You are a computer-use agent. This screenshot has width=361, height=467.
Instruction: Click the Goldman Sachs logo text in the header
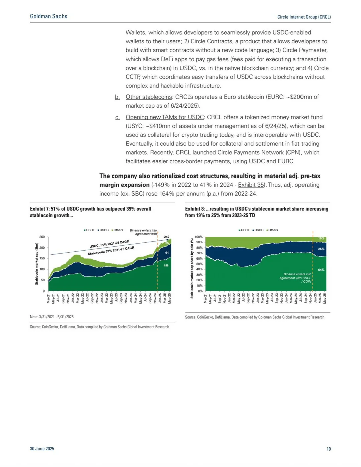pyautogui.click(x=48, y=16)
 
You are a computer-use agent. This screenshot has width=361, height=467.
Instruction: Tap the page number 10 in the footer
pyautogui.click(x=329, y=449)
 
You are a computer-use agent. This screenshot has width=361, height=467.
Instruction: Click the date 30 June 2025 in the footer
pyautogui.click(x=42, y=449)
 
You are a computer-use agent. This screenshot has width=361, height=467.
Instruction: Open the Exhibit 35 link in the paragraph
pyautogui.click(x=251, y=185)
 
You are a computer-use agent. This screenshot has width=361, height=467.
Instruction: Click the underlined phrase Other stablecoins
pyautogui.click(x=149, y=97)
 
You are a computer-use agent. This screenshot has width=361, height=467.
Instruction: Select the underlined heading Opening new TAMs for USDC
pyautogui.click(x=164, y=117)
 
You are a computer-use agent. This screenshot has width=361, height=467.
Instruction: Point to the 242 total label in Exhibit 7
pyautogui.click(x=167, y=237)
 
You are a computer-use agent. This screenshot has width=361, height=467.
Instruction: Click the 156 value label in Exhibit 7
pyautogui.click(x=166, y=266)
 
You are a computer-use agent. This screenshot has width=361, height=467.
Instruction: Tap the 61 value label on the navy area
pyautogui.click(x=167, y=253)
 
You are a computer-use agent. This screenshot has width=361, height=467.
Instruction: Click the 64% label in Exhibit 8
pyautogui.click(x=321, y=270)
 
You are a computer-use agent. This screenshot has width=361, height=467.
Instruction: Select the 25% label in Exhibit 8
pyautogui.click(x=321, y=249)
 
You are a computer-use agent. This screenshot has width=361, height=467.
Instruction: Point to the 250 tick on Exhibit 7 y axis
pyautogui.click(x=42, y=237)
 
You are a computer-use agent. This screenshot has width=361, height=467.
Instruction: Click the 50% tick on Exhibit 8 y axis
pyautogui.click(x=199, y=264)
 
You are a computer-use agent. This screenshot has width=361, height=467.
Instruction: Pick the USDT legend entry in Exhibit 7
pyautogui.click(x=89, y=230)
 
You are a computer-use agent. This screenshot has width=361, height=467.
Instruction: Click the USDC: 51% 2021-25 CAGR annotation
pyautogui.click(x=109, y=244)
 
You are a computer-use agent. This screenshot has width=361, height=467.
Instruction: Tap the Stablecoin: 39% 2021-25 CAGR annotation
pyautogui.click(x=111, y=251)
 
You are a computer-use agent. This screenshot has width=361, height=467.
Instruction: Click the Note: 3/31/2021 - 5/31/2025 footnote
pyautogui.click(x=52, y=317)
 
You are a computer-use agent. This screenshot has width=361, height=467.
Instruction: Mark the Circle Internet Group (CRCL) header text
pyautogui.click(x=304, y=17)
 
